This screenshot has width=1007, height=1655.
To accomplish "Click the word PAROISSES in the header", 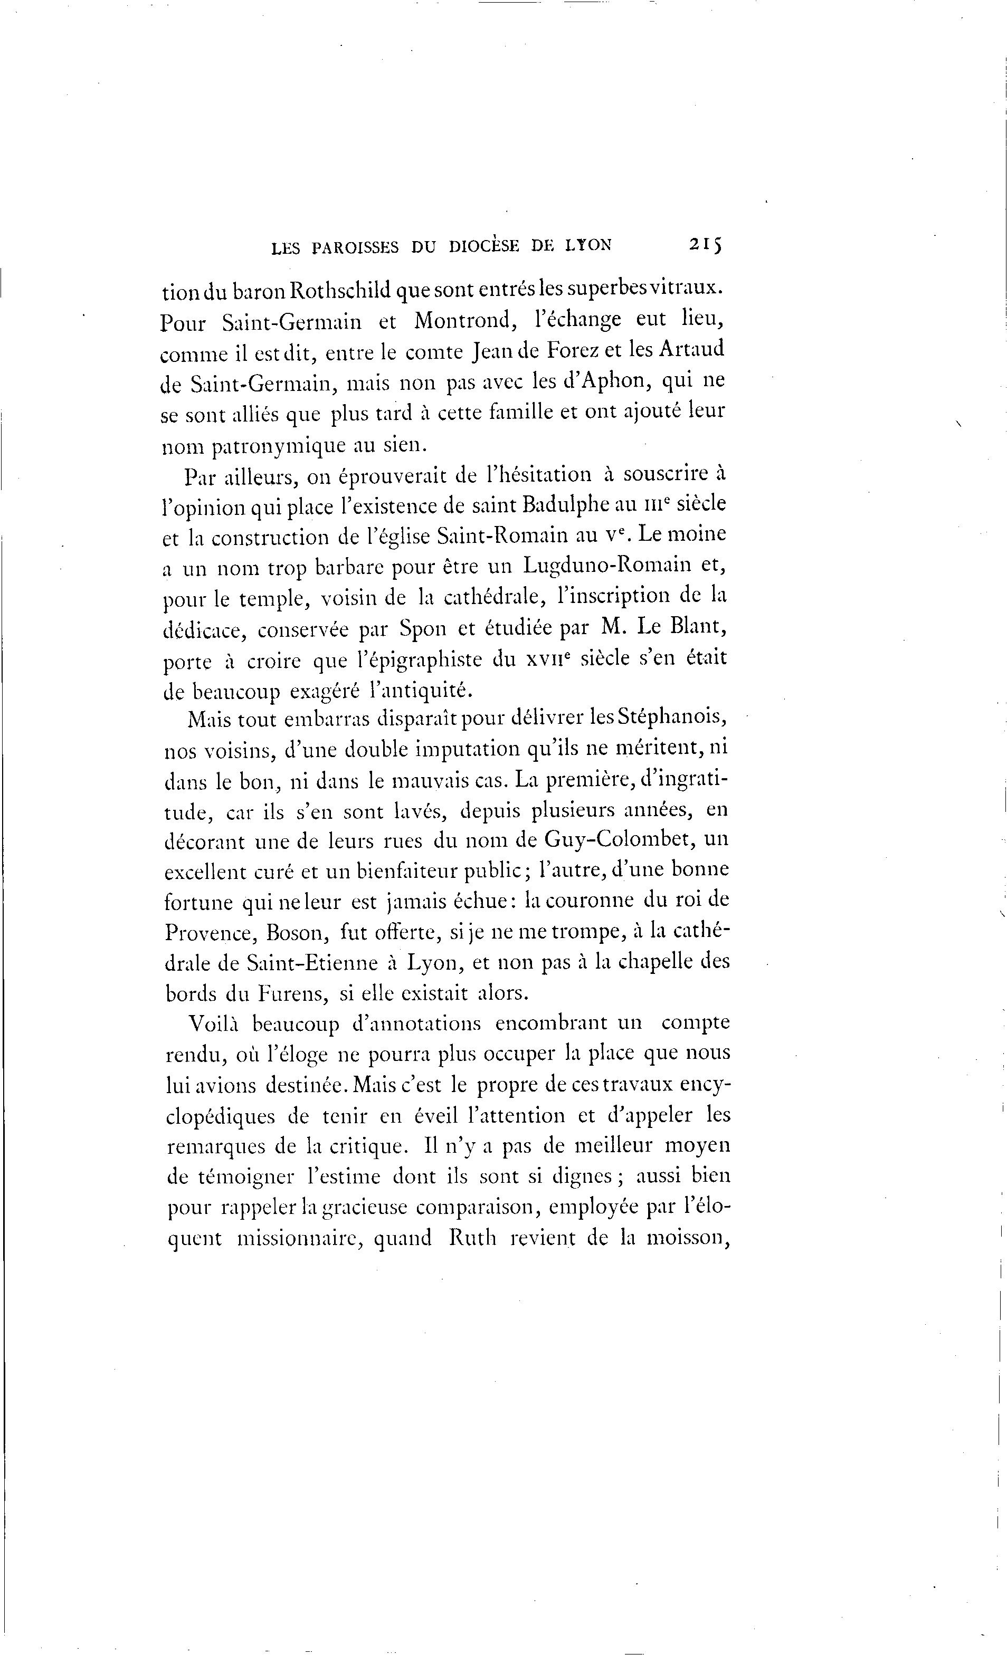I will [x=355, y=247].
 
